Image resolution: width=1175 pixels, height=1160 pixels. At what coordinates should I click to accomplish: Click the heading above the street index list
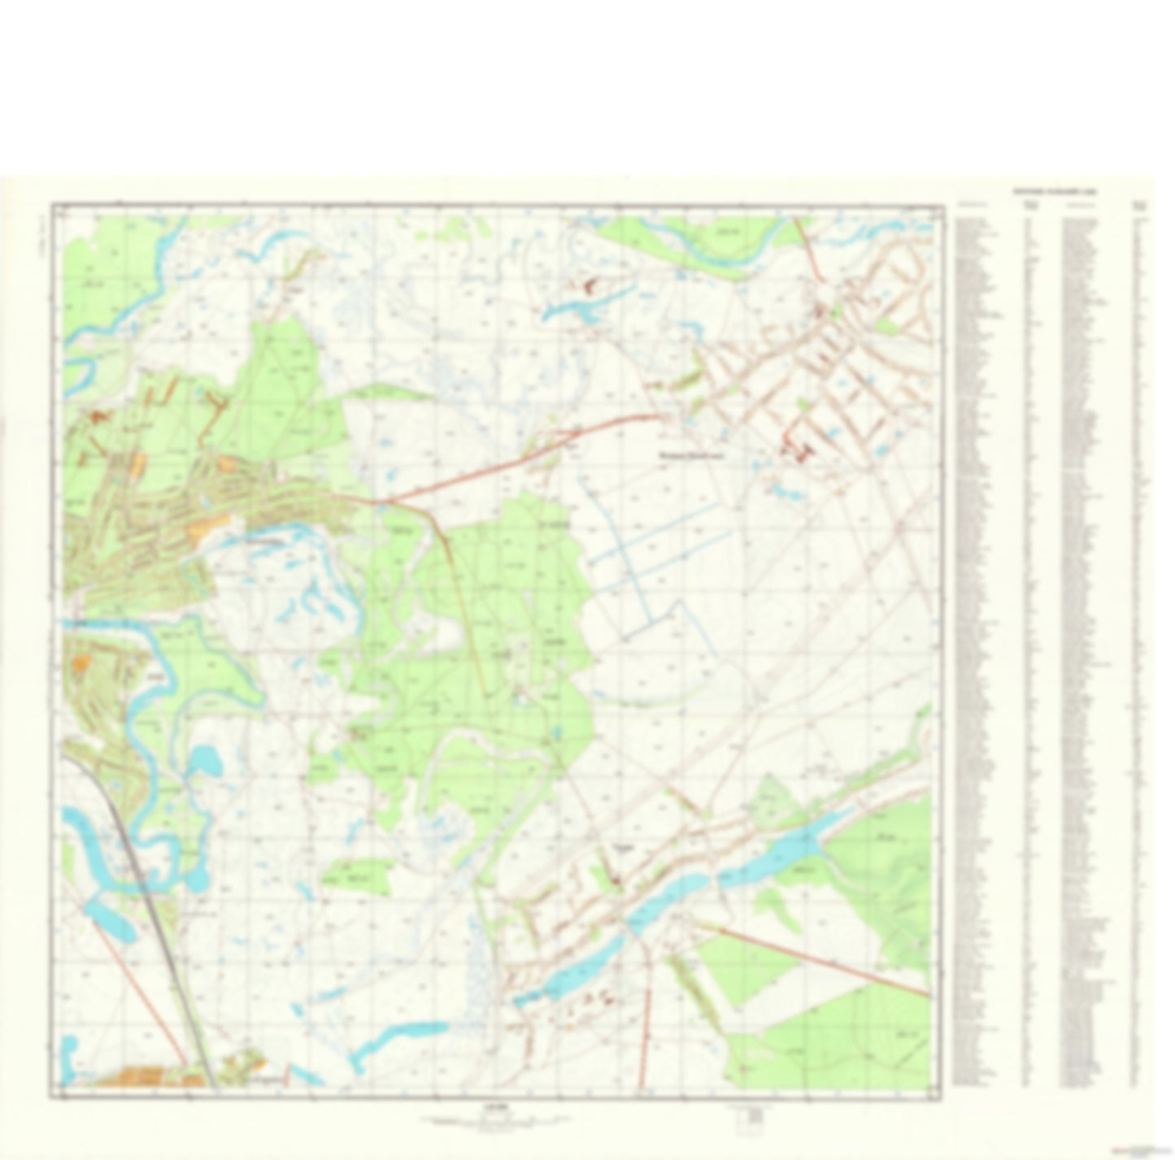point(1053,192)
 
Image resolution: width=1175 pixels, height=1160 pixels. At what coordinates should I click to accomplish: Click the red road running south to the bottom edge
point(646,1024)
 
